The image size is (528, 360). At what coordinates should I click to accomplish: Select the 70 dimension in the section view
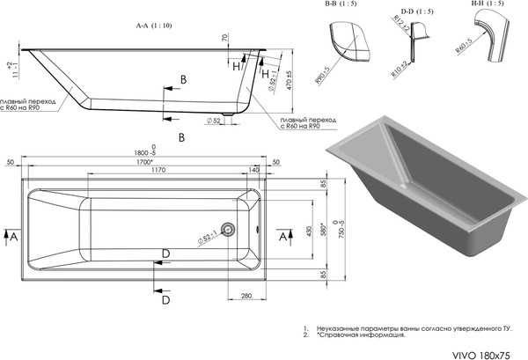pyautogui.click(x=225, y=40)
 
